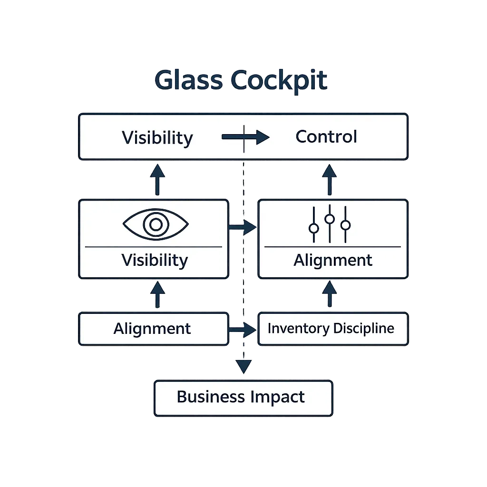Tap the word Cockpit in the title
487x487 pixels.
tap(279, 81)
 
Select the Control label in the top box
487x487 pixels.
tap(326, 137)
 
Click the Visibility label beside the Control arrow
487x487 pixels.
tap(157, 137)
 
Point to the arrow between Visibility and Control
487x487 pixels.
tap(245, 137)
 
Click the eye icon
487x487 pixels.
tap(156, 224)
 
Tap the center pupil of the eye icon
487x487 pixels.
tap(156, 224)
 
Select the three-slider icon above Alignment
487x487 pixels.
tap(330, 224)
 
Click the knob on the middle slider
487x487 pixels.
tap(330, 219)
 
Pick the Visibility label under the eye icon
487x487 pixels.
tap(155, 260)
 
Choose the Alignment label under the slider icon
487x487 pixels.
tap(333, 260)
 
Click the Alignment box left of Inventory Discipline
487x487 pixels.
tap(152, 329)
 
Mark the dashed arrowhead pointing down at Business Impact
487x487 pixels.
tap(243, 366)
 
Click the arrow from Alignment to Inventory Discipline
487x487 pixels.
tap(243, 329)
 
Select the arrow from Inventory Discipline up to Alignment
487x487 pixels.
tap(329, 294)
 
